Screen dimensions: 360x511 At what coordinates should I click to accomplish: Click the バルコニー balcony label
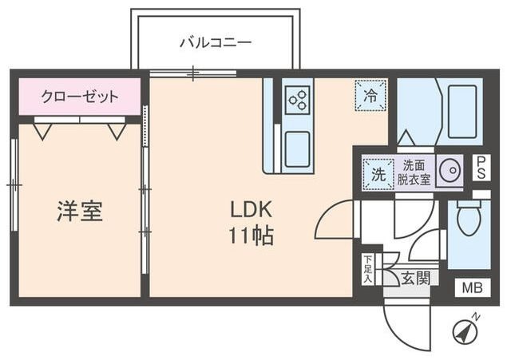click(215, 42)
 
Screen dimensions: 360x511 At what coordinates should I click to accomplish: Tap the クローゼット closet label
click(80, 97)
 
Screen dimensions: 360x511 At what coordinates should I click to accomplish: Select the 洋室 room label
click(79, 212)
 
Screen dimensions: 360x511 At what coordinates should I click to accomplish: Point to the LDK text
click(252, 210)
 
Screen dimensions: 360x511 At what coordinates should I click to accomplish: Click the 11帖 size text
click(252, 236)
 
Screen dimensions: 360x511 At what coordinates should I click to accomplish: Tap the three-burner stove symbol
click(298, 99)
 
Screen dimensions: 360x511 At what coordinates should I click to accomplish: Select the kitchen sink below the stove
click(298, 149)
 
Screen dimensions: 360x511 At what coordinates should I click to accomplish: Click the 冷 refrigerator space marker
click(370, 95)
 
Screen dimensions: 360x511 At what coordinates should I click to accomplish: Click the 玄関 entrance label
click(414, 278)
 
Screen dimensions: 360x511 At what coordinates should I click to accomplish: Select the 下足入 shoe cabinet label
click(368, 270)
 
